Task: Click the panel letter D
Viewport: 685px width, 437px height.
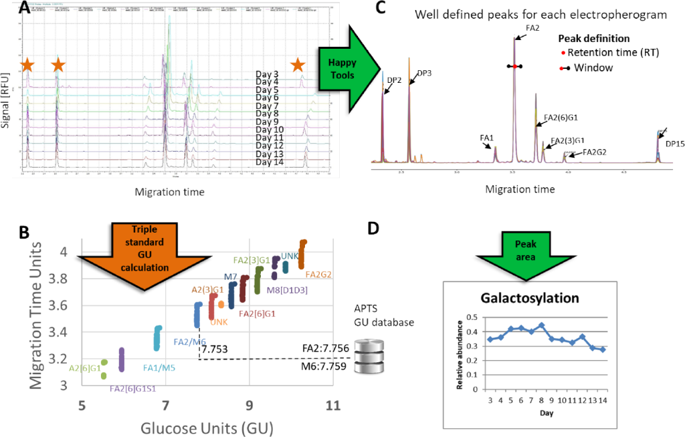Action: click(x=374, y=228)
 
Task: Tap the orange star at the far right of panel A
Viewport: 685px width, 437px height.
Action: click(x=297, y=64)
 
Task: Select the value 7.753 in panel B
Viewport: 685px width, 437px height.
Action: click(x=214, y=348)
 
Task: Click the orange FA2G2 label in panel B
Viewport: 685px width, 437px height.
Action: click(x=318, y=273)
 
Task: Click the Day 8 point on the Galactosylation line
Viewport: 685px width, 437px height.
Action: click(x=541, y=325)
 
